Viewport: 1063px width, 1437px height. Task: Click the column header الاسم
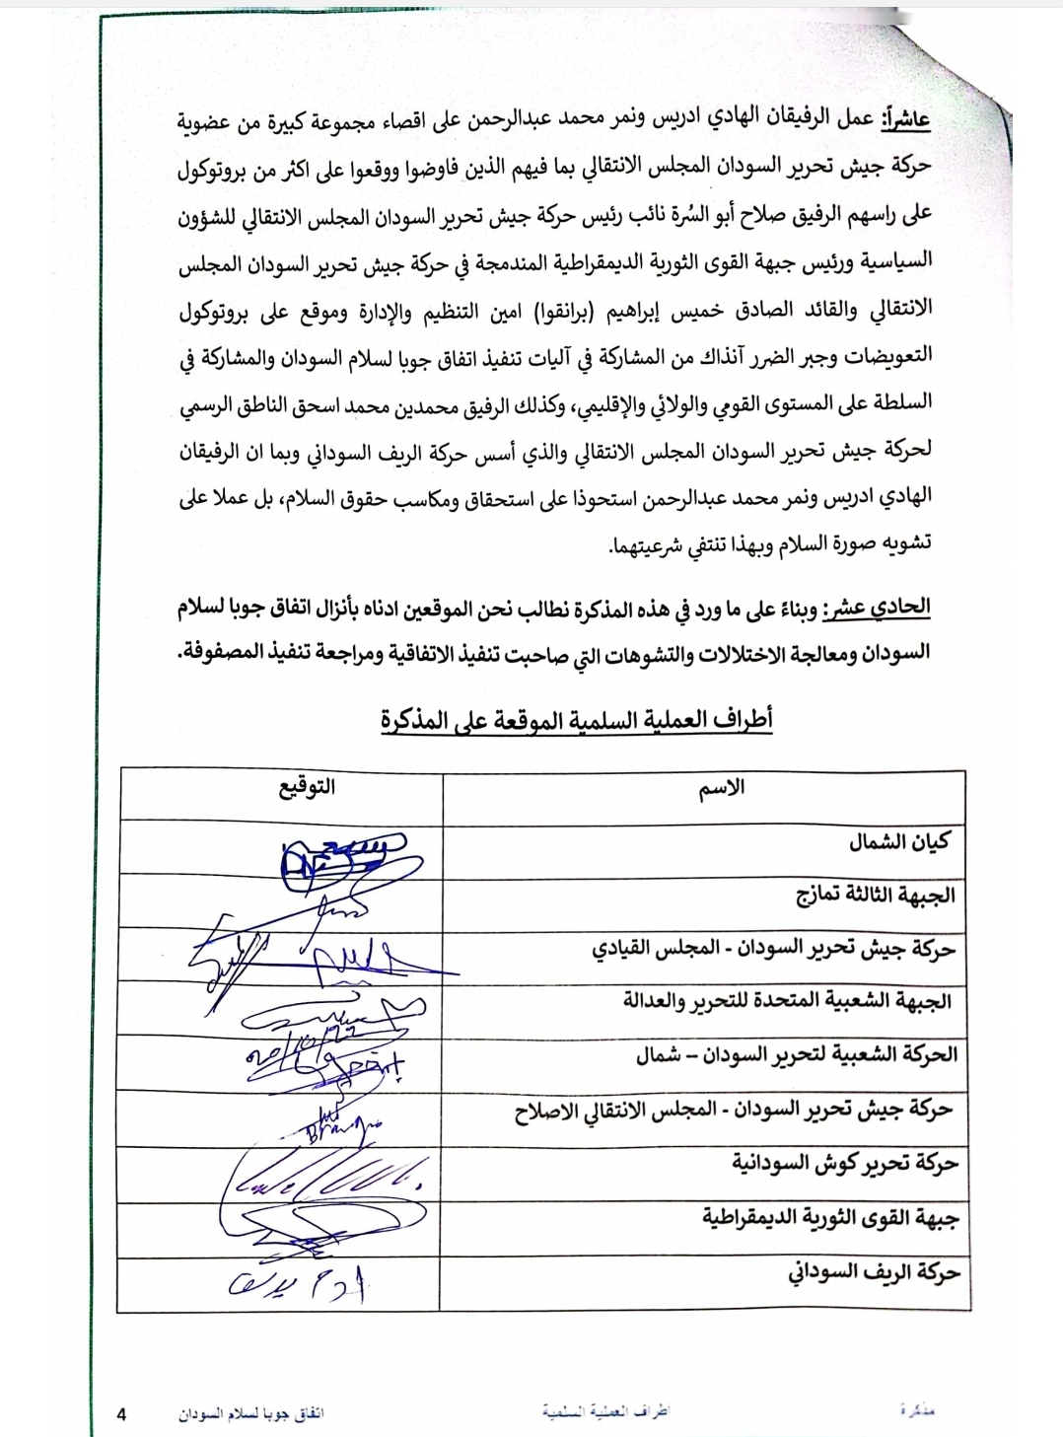point(721,788)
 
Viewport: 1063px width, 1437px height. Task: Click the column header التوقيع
point(307,787)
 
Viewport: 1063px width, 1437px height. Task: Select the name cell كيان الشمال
point(899,841)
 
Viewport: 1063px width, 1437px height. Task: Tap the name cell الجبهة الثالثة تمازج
point(876,895)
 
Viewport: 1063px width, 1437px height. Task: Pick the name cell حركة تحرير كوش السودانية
point(845,1164)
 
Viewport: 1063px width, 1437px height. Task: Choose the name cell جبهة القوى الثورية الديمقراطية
point(830,1218)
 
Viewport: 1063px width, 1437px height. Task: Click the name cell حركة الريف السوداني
point(874,1272)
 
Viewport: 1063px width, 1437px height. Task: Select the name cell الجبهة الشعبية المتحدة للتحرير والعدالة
point(787,1001)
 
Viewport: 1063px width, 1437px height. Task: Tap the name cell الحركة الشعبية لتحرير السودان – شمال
point(797,1054)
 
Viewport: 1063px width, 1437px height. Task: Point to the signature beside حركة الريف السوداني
point(297,1283)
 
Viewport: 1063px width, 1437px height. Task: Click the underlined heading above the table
point(577,720)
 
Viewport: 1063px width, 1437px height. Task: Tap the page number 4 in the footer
point(121,1414)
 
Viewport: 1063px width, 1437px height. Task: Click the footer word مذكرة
point(916,1411)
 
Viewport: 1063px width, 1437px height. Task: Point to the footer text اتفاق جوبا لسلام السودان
point(251,1413)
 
